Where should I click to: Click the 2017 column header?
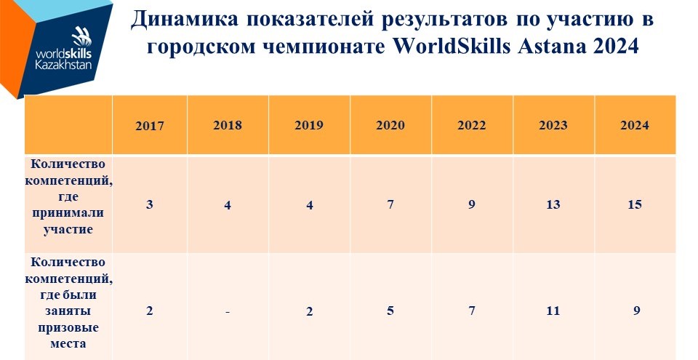[x=150, y=126]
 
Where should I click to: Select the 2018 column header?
[x=228, y=125]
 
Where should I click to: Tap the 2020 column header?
[x=390, y=125]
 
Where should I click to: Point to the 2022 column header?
[x=472, y=125]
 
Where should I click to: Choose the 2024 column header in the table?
[x=635, y=125]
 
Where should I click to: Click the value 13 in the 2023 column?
[x=553, y=204]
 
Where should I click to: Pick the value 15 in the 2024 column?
[x=635, y=204]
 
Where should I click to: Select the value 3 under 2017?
[x=150, y=204]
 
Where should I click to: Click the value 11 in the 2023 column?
[x=553, y=311]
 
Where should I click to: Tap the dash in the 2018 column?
[x=228, y=312]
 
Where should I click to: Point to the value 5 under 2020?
[x=390, y=311]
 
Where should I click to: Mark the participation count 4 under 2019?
[x=310, y=205]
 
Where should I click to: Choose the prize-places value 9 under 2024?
[x=637, y=311]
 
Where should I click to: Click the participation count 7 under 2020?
[x=390, y=204]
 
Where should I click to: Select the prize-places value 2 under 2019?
[x=310, y=311]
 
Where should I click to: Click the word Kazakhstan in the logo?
[x=64, y=65]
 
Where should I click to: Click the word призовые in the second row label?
[x=68, y=328]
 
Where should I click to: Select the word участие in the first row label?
[x=68, y=230]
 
